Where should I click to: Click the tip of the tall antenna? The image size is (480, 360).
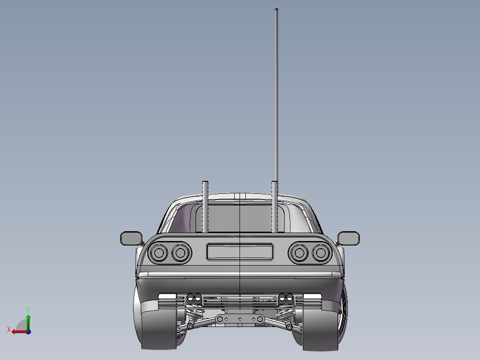pyautogui.click(x=277, y=10)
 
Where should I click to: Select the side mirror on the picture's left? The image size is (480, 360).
pyautogui.click(x=131, y=238)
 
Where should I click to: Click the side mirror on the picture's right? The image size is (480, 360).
pyautogui.click(x=349, y=238)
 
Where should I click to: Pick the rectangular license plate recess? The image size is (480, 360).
pyautogui.click(x=240, y=252)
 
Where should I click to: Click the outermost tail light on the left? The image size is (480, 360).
pyautogui.click(x=159, y=253)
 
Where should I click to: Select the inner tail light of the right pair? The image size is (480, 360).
pyautogui.click(x=299, y=253)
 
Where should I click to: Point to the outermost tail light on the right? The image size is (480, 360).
pyautogui.click(x=320, y=253)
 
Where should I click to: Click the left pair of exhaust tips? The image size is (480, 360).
pyautogui.click(x=194, y=298)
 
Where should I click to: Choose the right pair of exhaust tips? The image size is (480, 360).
pyautogui.click(x=286, y=298)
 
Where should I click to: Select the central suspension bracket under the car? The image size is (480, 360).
pyautogui.click(x=240, y=319)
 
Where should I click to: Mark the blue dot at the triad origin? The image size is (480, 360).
pyautogui.click(x=28, y=331)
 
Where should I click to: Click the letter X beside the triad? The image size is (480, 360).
pyautogui.click(x=9, y=329)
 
